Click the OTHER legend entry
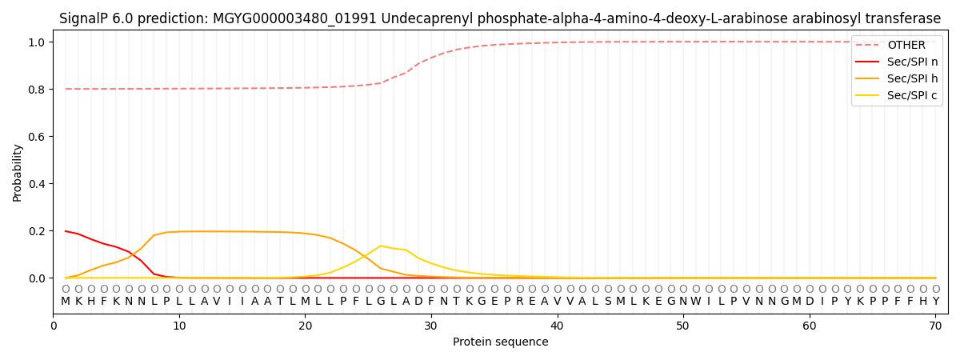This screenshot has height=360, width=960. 906,46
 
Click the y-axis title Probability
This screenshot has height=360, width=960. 18,172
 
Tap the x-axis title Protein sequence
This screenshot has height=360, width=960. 501,342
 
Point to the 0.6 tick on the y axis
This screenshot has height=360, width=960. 35,137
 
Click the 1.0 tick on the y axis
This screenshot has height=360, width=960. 35,42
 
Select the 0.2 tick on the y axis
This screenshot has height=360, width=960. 35,231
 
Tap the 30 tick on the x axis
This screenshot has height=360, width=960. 431,326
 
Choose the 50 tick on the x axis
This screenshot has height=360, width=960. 683,326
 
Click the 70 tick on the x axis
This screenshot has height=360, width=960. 935,326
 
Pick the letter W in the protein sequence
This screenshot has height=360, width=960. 696,301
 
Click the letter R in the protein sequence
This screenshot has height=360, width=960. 519,301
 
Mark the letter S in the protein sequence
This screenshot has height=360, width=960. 607,301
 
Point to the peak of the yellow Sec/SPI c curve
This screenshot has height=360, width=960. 381,246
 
